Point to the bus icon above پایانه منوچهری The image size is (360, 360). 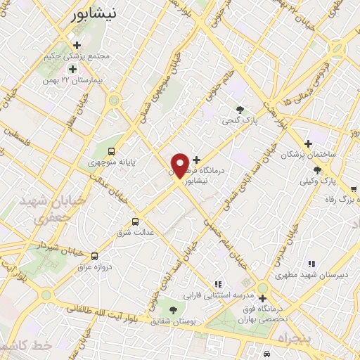[x=112, y=150]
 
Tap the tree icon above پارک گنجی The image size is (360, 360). [x=240, y=109]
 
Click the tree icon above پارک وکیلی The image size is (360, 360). [x=318, y=170]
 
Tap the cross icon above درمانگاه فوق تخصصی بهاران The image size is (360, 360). [x=262, y=298]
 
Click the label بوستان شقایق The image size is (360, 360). [x=172, y=321]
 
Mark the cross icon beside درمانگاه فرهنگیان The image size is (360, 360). [x=196, y=159]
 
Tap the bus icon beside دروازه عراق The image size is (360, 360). [x=95, y=255]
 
